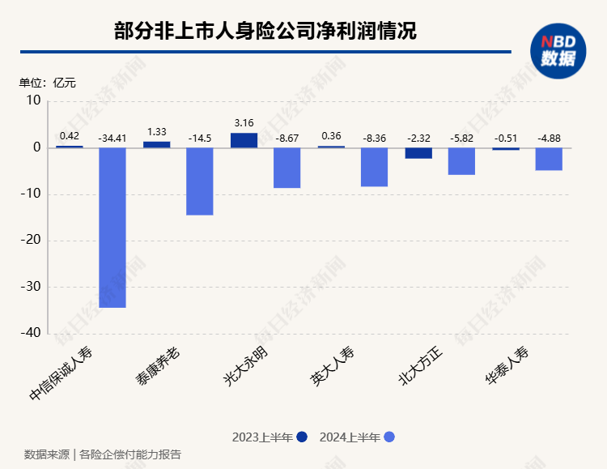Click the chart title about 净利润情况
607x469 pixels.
(x=265, y=32)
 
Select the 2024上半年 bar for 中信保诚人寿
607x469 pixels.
(x=112, y=228)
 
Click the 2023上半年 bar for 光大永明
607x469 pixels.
(x=244, y=140)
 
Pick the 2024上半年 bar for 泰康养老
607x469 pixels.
(x=200, y=181)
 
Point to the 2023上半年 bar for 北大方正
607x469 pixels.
(x=418, y=153)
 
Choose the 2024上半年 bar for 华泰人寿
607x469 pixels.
(x=550, y=159)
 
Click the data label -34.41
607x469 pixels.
(x=112, y=138)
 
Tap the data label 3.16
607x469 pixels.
(x=244, y=122)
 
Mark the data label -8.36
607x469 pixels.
(x=375, y=138)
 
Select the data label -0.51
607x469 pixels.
(x=506, y=138)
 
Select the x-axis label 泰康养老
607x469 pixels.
(x=158, y=366)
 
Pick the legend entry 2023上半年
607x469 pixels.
(x=269, y=437)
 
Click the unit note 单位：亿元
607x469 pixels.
(x=48, y=81)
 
